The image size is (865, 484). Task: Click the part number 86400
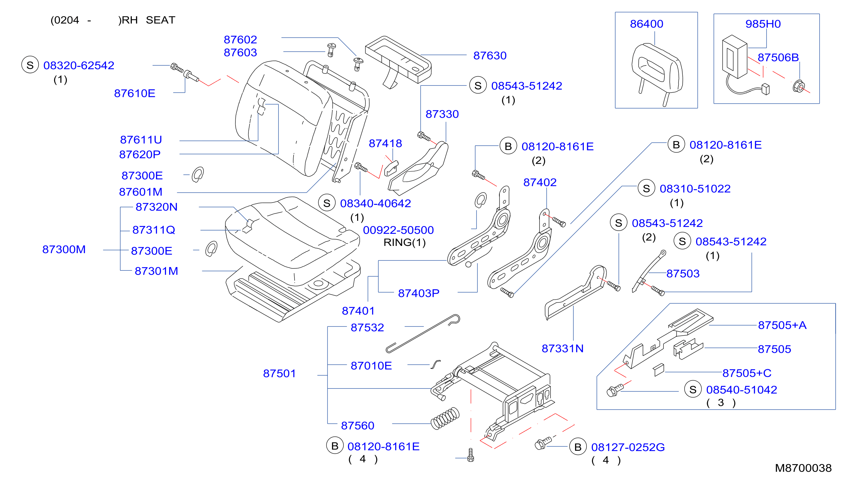tap(646, 24)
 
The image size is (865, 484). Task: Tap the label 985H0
tap(763, 24)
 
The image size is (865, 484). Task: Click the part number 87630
tap(490, 55)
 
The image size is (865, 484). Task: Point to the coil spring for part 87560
tap(445, 418)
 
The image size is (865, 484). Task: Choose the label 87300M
tap(64, 249)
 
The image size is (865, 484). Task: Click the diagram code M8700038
tap(803, 468)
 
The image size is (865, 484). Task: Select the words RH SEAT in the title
tap(148, 20)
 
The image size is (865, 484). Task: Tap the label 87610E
tap(135, 93)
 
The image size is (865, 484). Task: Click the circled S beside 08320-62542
tap(30, 65)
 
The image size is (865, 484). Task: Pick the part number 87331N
tap(562, 348)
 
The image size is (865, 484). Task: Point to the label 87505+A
tap(782, 325)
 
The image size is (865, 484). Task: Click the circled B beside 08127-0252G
tap(578, 447)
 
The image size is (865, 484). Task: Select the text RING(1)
tap(404, 242)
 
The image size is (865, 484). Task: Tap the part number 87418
tap(385, 144)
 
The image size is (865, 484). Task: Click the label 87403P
tap(418, 293)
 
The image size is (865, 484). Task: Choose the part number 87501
tap(280, 373)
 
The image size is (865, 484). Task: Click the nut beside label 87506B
tap(798, 86)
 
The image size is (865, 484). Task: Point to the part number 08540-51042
tap(741, 390)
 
